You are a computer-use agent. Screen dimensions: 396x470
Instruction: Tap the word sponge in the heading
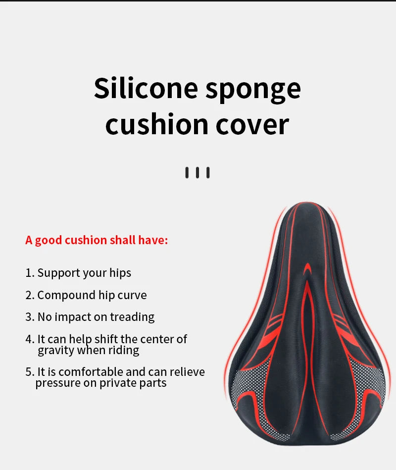[253, 91]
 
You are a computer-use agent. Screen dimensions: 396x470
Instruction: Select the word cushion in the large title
[156, 124]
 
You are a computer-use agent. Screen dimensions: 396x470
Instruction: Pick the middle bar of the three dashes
[198, 173]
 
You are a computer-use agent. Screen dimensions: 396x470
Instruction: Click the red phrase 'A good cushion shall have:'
[97, 240]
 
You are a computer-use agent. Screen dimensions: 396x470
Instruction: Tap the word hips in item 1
[120, 273]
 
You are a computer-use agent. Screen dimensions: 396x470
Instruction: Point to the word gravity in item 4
[55, 351]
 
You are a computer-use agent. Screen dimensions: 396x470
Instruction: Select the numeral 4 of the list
[29, 339]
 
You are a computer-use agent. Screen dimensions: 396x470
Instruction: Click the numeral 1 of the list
[28, 273]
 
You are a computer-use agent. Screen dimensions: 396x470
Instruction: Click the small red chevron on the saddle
[307, 269]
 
